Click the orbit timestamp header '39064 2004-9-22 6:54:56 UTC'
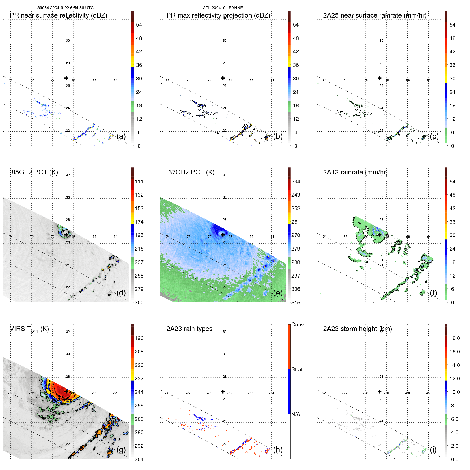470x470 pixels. point(65,8)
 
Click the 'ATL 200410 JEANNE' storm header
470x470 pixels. point(223,8)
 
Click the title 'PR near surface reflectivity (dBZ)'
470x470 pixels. point(58,15)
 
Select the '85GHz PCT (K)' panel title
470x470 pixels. point(35,172)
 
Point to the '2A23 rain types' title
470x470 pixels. point(189,329)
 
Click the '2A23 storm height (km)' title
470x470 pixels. point(357,329)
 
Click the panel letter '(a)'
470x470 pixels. point(121,136)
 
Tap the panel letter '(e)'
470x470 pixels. point(278,293)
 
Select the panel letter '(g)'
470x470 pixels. point(121,450)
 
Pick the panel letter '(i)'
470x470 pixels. point(433,450)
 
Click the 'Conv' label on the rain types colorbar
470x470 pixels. point(297,325)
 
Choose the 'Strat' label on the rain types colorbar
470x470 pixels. point(297,369)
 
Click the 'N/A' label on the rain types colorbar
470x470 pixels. point(296,415)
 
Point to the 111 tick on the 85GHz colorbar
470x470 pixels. point(139,182)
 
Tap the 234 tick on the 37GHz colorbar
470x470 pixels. point(296,182)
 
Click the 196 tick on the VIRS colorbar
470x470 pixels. point(139,338)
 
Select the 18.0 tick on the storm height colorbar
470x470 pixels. point(454,338)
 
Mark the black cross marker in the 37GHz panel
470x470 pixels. point(223,235)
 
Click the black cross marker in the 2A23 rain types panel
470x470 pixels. point(223,392)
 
